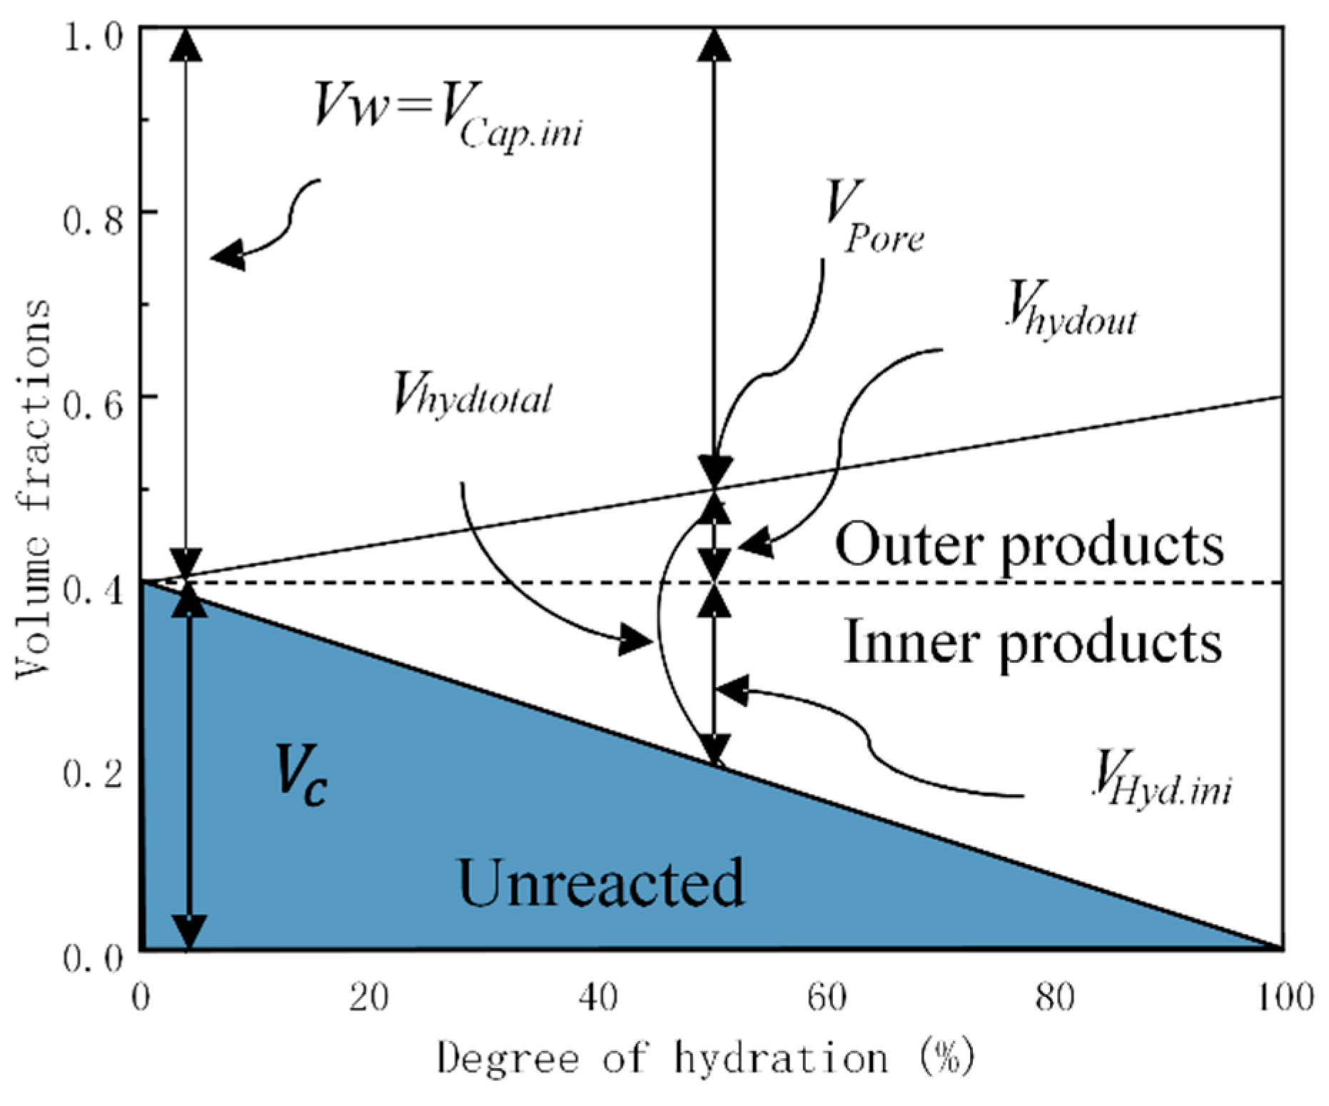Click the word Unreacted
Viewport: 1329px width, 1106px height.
(601, 883)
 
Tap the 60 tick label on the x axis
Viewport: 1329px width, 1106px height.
(827, 998)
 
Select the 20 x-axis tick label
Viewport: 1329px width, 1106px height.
(369, 998)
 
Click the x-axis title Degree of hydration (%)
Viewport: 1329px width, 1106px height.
(705, 1057)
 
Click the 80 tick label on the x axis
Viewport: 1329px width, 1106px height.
(1055, 998)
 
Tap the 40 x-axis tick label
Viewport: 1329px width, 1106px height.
(598, 998)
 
